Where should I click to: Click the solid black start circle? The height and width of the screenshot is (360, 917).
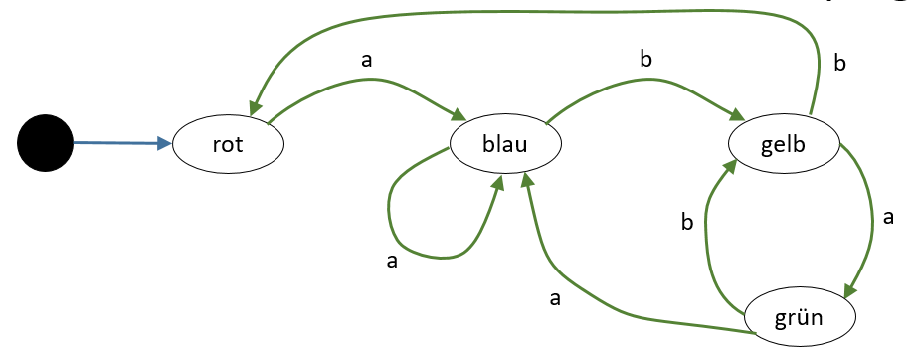pyautogui.click(x=46, y=144)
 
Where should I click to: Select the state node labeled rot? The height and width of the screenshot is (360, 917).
pyautogui.click(x=228, y=144)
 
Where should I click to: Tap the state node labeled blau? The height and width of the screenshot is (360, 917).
pyautogui.click(x=505, y=144)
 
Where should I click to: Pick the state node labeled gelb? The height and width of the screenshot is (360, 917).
pyautogui.click(x=784, y=144)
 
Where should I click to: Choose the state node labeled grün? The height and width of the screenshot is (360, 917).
pyautogui.click(x=799, y=317)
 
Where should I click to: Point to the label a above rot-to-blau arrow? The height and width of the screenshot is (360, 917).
pyautogui.click(x=367, y=60)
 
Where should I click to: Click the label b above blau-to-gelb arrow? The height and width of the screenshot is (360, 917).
pyautogui.click(x=645, y=59)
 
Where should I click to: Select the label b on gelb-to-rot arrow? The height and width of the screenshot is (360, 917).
pyautogui.click(x=839, y=63)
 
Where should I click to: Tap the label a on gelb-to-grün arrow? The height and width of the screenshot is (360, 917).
pyautogui.click(x=888, y=218)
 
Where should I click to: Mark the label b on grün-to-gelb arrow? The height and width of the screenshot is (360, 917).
pyautogui.click(x=687, y=222)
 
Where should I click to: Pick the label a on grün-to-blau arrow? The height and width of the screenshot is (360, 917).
pyautogui.click(x=555, y=298)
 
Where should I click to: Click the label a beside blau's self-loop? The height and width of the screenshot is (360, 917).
pyautogui.click(x=392, y=262)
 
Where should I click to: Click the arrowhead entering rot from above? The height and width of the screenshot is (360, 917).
pyautogui.click(x=255, y=107)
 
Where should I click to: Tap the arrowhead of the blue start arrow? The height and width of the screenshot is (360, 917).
pyautogui.click(x=164, y=144)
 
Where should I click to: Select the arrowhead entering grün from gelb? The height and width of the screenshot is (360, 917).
pyautogui.click(x=851, y=290)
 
